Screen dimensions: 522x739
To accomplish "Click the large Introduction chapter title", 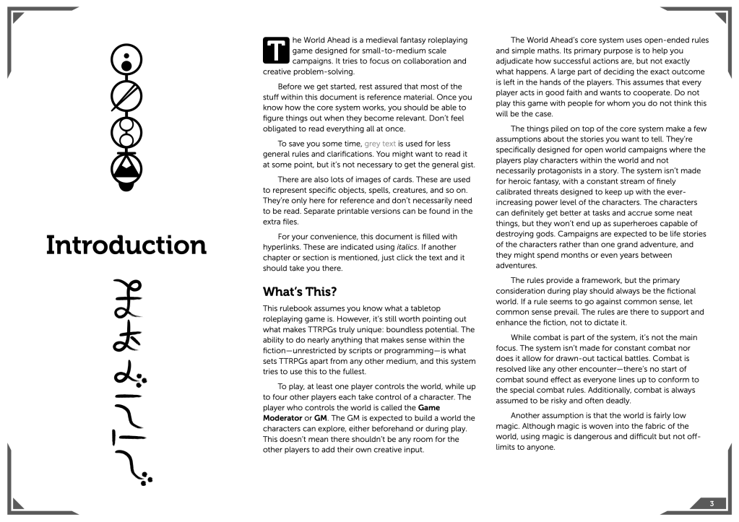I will [x=126, y=245].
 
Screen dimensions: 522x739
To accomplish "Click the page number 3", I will [x=712, y=503].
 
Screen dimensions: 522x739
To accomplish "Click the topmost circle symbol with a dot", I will [x=126, y=61].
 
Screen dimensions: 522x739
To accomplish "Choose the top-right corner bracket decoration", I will [x=717, y=20].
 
